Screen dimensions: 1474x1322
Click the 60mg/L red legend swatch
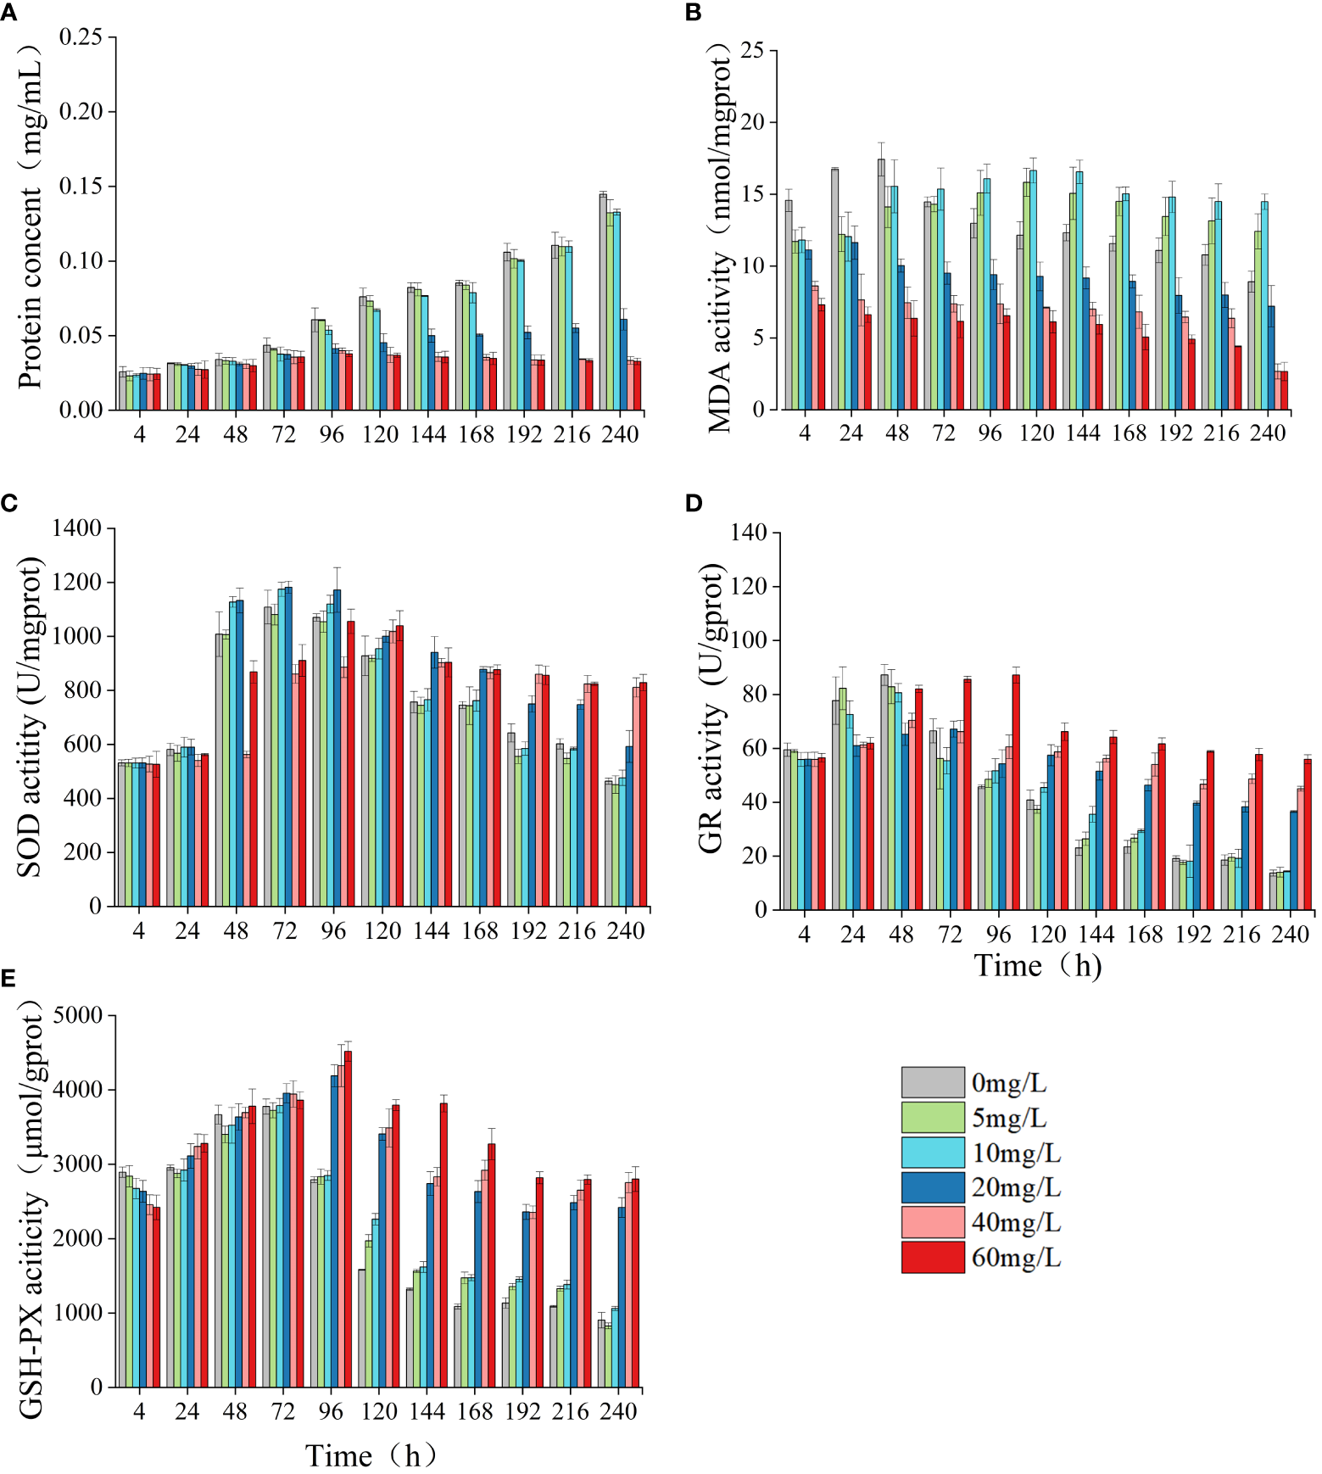tap(932, 1257)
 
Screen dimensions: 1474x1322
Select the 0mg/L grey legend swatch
tap(932, 1082)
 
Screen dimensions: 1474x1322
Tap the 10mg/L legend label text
tap(1016, 1153)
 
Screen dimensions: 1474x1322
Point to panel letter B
tap(693, 12)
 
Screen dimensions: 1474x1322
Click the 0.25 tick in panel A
tap(81, 37)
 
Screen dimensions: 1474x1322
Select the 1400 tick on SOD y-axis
tap(77, 528)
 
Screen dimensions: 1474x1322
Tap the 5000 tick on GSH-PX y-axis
tap(77, 1015)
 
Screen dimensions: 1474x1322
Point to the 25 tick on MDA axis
tap(751, 51)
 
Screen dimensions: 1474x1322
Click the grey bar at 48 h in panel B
tap(881, 284)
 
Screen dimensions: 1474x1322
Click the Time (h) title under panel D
tap(1037, 966)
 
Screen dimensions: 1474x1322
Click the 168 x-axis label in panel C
tap(480, 931)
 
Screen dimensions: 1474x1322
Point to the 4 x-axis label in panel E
tap(139, 1411)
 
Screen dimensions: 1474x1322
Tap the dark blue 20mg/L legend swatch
tap(932, 1187)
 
